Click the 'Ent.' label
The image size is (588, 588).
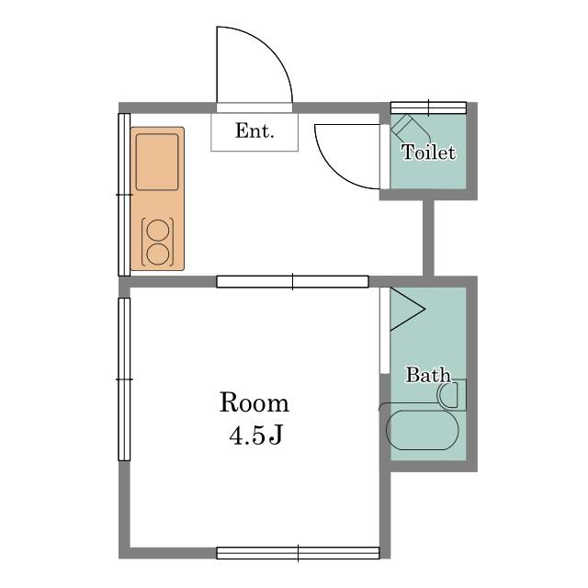[254, 130]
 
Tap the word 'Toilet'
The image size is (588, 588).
[429, 153]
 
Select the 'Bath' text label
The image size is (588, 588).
[428, 375]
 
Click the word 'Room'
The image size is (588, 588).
[254, 402]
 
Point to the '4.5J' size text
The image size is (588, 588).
[255, 435]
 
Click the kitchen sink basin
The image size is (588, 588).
[157, 162]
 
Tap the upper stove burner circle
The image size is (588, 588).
[158, 230]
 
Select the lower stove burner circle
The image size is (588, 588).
[158, 254]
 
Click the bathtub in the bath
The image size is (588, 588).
[423, 430]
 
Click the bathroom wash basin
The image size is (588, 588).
[448, 395]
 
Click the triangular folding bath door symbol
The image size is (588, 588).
[407, 310]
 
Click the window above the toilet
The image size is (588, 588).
[429, 107]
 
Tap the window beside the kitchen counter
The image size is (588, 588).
[124, 195]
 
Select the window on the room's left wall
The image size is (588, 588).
[124, 379]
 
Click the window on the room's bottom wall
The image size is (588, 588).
[298, 553]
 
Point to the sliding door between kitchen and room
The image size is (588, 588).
[292, 282]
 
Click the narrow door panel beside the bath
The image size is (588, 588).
[385, 331]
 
